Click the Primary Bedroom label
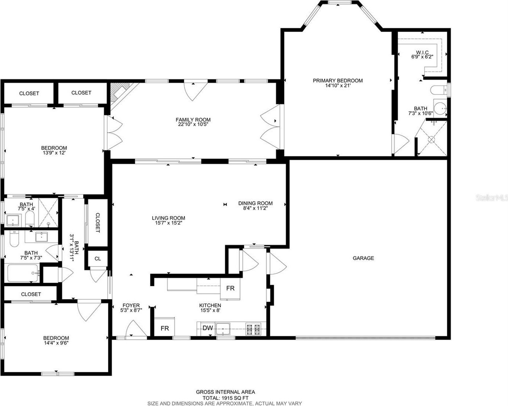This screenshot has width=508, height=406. tap(337, 81)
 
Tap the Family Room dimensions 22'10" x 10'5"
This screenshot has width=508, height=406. tap(193, 124)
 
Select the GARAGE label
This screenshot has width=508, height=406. tap(363, 258)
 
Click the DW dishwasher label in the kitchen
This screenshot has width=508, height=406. tap(208, 328)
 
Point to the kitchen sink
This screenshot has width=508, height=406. tap(223, 329)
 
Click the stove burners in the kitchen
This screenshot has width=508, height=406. tap(253, 329)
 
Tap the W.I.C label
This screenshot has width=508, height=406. tap(422, 52)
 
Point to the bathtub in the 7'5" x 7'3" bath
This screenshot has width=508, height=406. tap(23, 273)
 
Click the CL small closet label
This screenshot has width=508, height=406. tap(98, 259)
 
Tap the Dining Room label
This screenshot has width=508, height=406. tap(255, 203)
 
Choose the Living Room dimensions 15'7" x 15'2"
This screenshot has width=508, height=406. tap(168, 223)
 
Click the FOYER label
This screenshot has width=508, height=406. tap(131, 305)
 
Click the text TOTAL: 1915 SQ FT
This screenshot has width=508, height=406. tap(226, 398)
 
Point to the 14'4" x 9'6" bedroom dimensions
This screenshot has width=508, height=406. tap(56, 343)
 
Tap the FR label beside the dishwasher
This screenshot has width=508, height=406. tap(165, 328)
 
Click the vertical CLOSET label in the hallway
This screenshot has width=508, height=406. tap(98, 223)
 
